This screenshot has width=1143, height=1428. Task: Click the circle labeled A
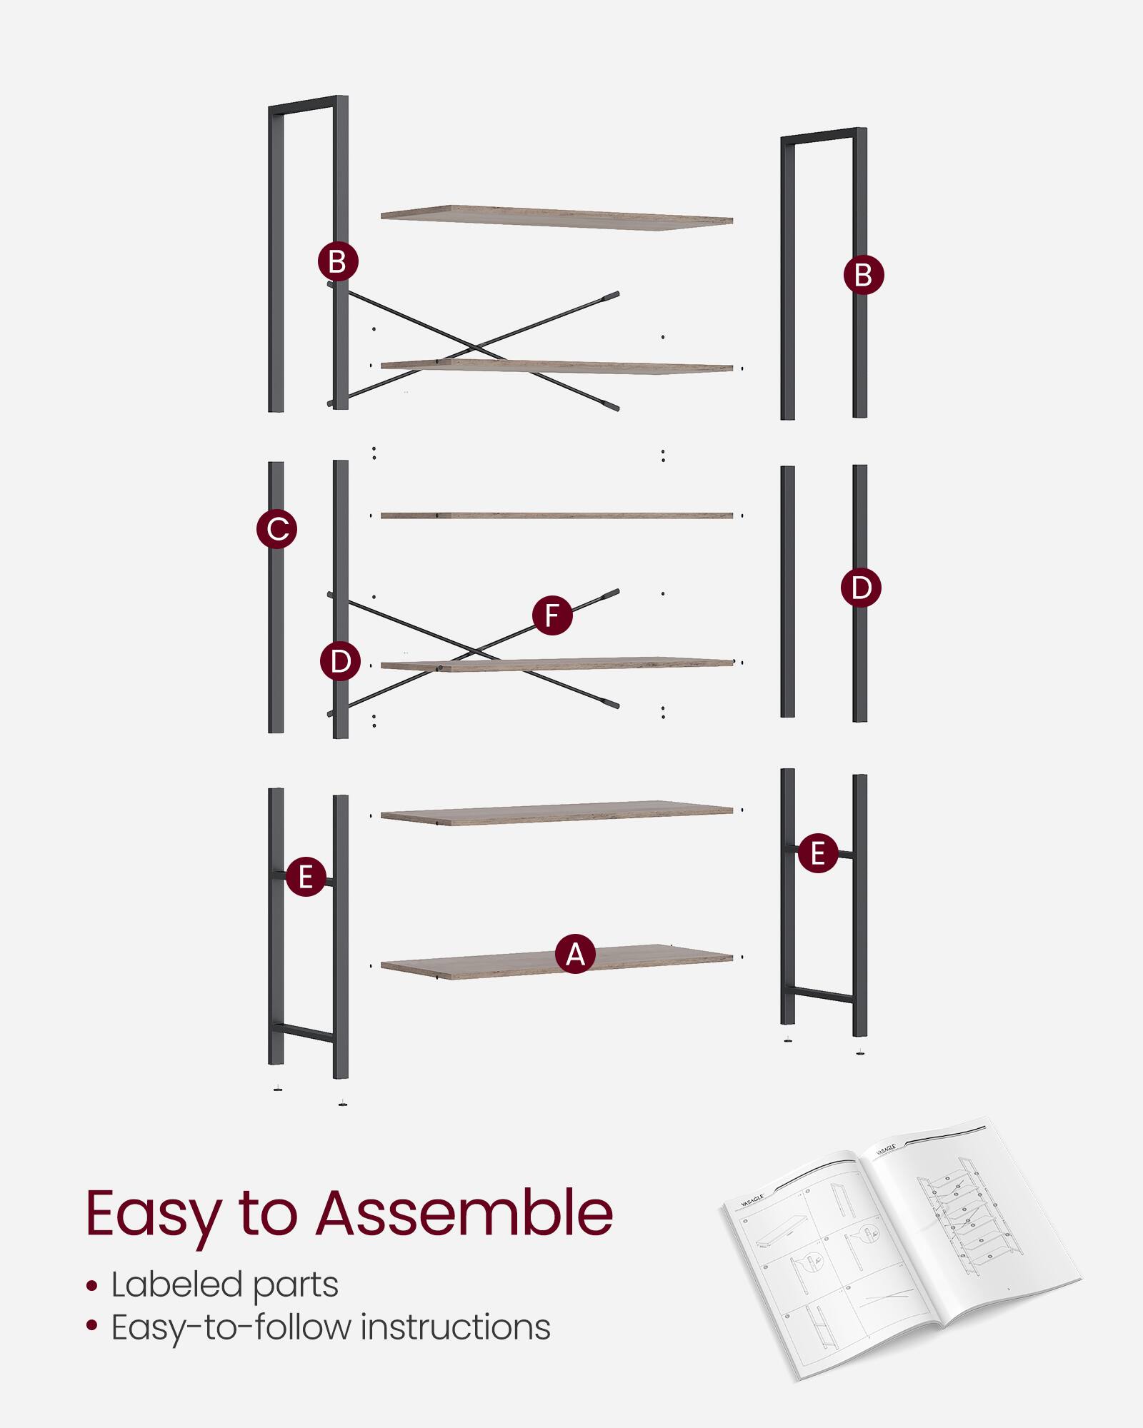(575, 954)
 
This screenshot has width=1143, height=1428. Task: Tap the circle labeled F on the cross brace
(552, 615)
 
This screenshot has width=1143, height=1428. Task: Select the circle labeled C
(276, 529)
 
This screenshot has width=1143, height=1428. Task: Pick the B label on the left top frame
(338, 261)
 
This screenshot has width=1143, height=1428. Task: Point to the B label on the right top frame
(863, 275)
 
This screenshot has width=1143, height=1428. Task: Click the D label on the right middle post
(861, 588)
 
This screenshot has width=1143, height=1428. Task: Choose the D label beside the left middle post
(340, 661)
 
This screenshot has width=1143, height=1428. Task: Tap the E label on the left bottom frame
(306, 876)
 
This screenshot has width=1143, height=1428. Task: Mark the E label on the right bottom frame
(818, 853)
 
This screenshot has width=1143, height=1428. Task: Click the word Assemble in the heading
(464, 1213)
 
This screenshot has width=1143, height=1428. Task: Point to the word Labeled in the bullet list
(176, 1285)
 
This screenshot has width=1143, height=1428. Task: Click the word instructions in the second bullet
(455, 1327)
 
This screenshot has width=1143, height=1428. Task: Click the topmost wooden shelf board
(556, 217)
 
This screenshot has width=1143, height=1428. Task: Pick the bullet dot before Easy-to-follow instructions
(91, 1327)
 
